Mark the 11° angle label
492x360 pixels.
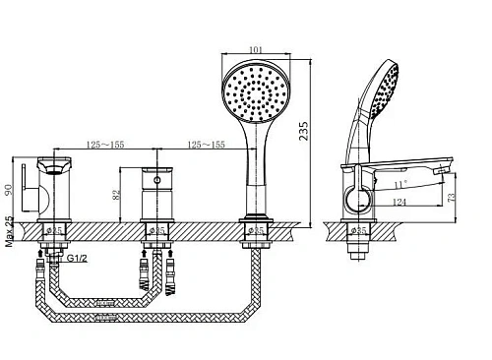(x=398, y=183)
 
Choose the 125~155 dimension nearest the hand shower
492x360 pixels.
(x=203, y=144)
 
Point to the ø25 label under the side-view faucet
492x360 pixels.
(x=360, y=230)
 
